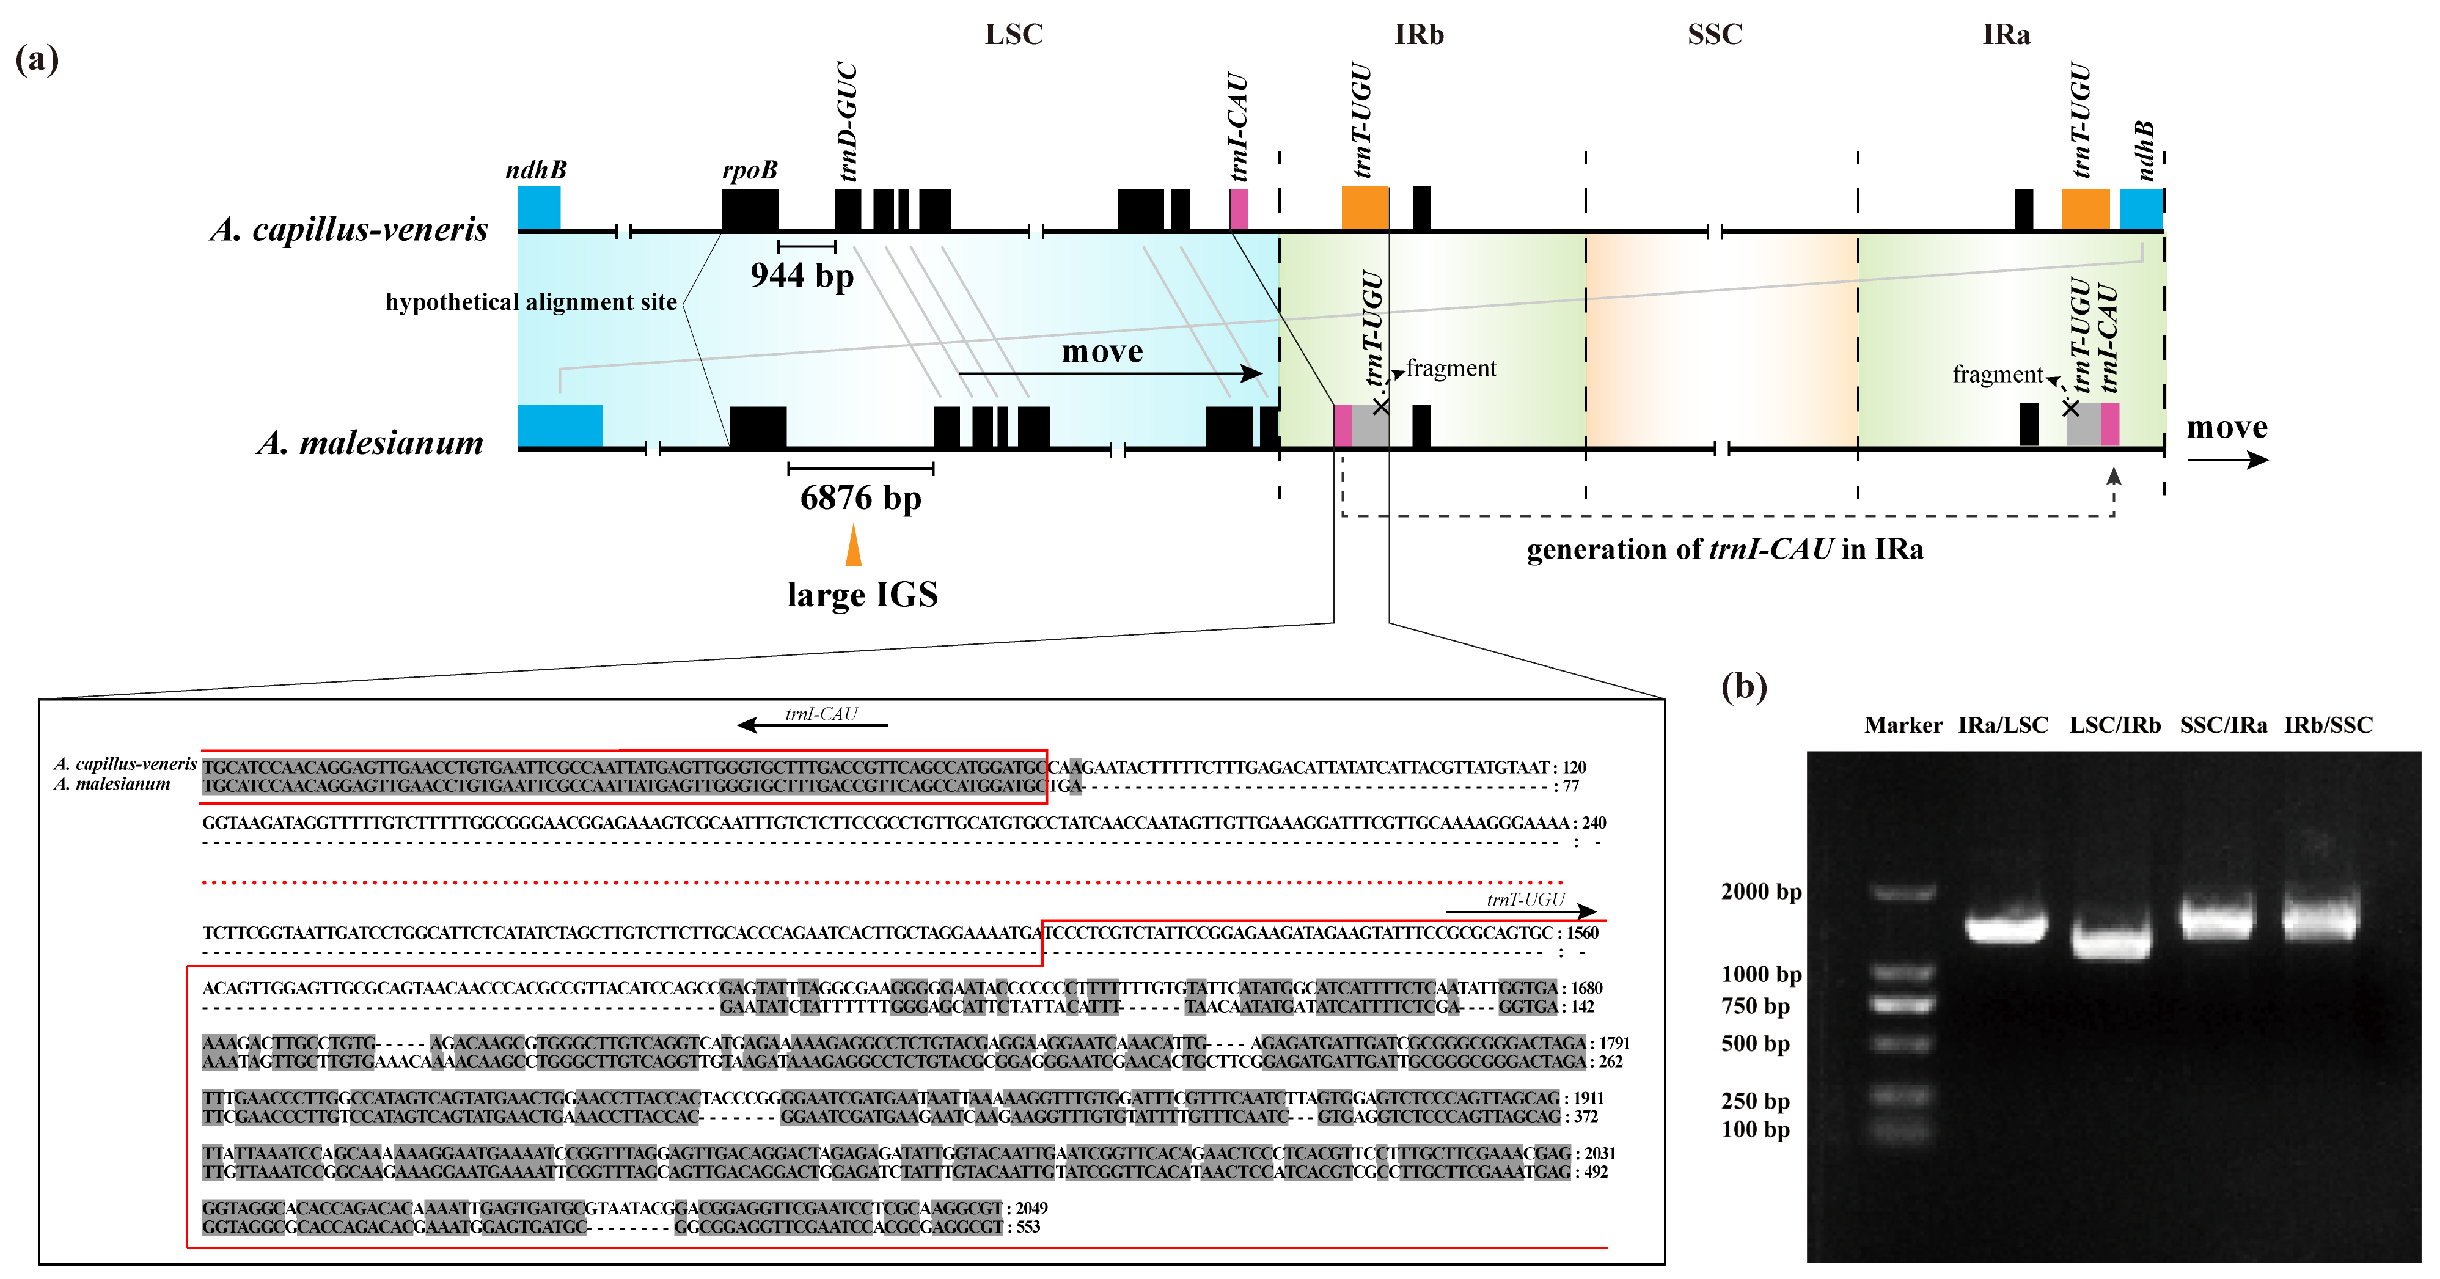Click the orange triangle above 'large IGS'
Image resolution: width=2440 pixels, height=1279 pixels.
tap(854, 547)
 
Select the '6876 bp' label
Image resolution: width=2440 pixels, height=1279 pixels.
tap(860, 497)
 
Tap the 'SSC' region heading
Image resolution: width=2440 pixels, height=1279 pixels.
tap(1715, 35)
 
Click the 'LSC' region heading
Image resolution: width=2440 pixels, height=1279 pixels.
tap(1014, 35)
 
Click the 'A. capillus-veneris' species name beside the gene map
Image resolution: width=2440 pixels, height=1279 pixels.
tap(348, 229)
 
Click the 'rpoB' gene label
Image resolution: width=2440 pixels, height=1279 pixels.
tap(749, 170)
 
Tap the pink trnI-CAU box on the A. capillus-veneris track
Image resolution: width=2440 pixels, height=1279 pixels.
tap(1239, 208)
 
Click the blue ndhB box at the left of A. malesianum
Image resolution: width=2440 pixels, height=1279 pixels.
tap(560, 425)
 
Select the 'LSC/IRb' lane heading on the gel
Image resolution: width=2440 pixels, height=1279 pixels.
tap(2114, 726)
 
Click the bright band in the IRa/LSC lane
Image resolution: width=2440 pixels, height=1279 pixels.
tap(2006, 926)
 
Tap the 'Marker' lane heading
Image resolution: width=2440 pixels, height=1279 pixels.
tap(1903, 726)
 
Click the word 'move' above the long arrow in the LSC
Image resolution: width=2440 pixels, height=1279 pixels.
tap(1102, 351)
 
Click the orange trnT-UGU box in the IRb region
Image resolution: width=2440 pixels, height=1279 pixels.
tap(1365, 208)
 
